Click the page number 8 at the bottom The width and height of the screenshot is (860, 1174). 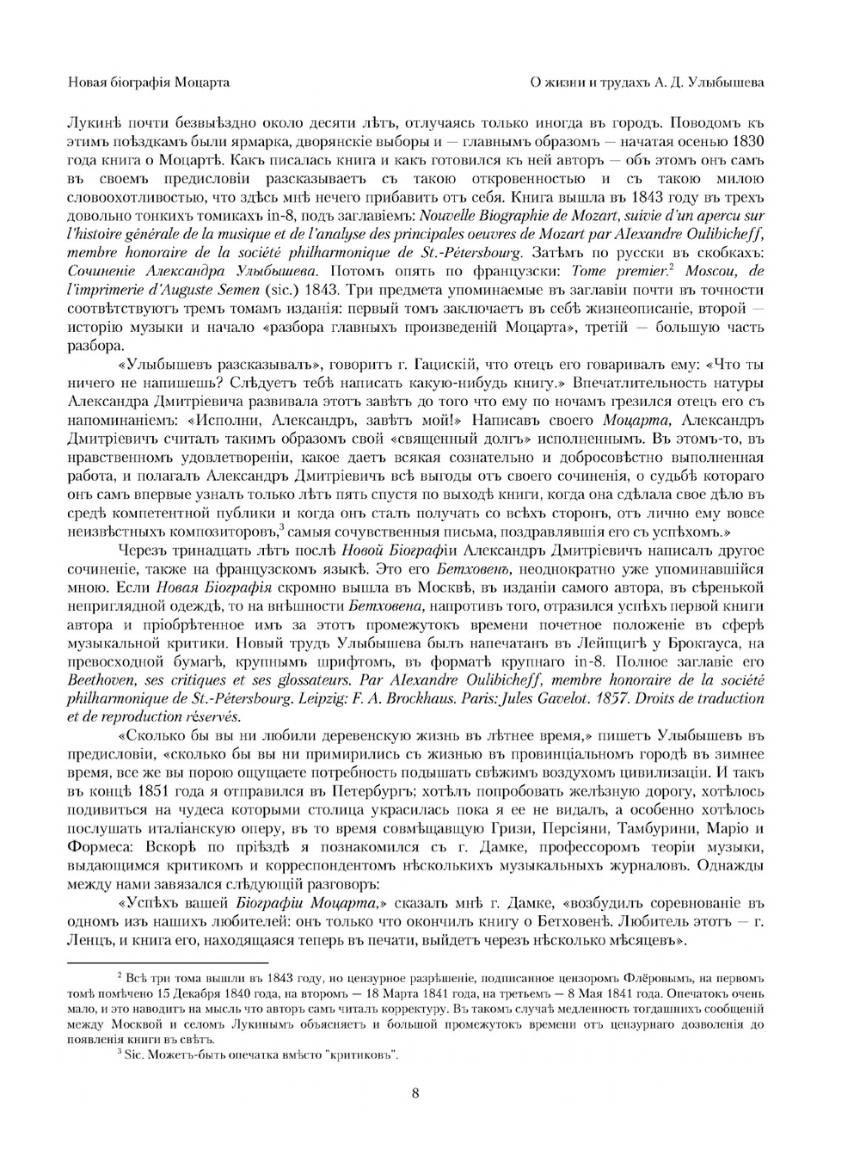(415, 1093)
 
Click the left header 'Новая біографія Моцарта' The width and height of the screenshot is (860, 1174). (148, 83)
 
